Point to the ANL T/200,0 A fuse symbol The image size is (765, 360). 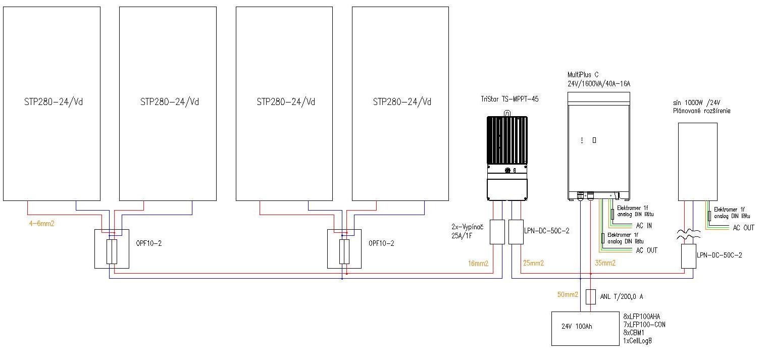(x=590, y=297)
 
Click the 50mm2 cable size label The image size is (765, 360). (x=567, y=295)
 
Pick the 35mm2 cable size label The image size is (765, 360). (x=604, y=263)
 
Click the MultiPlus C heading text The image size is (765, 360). (x=583, y=74)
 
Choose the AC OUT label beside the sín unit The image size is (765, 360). (x=744, y=228)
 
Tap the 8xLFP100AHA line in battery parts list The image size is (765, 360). (x=641, y=317)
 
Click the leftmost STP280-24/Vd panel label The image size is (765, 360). (x=53, y=102)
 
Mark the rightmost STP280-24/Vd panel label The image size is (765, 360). (x=402, y=102)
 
